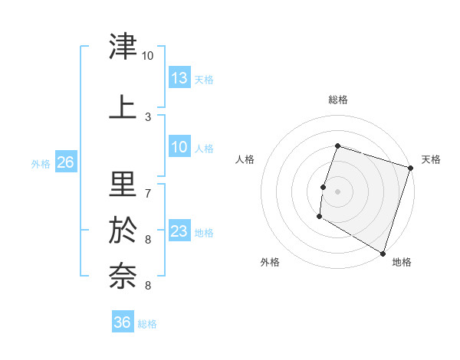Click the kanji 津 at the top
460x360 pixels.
point(123,48)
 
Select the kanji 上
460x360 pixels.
point(123,106)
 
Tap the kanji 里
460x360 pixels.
point(123,185)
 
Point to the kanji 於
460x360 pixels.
point(123,230)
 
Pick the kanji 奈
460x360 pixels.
point(123,275)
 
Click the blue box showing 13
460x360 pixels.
point(179,78)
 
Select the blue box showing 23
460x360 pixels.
point(179,231)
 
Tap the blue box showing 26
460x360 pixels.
point(65,162)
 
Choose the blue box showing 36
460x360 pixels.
point(123,322)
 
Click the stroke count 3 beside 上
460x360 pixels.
point(148,117)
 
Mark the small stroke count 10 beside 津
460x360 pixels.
point(147,56)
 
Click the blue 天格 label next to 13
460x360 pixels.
point(204,79)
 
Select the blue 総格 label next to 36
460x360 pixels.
point(147,323)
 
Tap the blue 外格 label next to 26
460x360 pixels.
point(41,163)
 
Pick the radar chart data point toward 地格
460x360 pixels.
point(383,253)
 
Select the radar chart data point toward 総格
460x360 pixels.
point(337,146)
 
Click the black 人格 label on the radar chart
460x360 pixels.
point(245,159)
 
